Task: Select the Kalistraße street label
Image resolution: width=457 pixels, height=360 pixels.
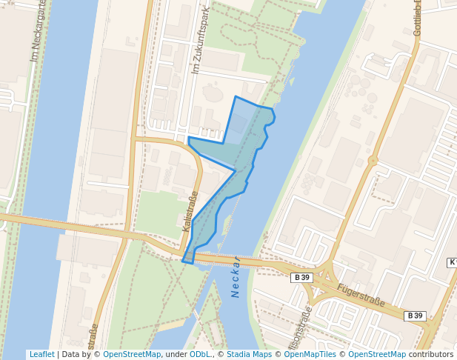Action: tap(190, 212)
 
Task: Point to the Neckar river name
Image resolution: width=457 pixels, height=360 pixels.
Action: tap(236, 277)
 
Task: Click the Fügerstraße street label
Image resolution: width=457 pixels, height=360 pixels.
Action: tap(360, 295)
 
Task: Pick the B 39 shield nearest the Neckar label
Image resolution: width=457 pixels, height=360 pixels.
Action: tap(301, 278)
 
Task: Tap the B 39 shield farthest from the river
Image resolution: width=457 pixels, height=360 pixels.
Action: tap(415, 316)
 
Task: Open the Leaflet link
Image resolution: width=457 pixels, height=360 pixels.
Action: tap(41, 355)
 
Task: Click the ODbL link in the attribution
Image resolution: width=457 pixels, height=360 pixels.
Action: tap(200, 355)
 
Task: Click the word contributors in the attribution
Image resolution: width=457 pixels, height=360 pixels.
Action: tap(431, 355)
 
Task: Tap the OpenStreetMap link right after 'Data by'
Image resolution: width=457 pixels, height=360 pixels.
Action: tap(132, 355)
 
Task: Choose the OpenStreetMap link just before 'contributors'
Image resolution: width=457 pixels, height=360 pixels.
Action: tap(376, 355)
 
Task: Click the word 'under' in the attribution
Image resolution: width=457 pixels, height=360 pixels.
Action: tap(176, 355)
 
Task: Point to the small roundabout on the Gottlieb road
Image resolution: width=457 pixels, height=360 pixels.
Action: tap(373, 160)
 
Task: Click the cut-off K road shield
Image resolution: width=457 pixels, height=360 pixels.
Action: tap(452, 263)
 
